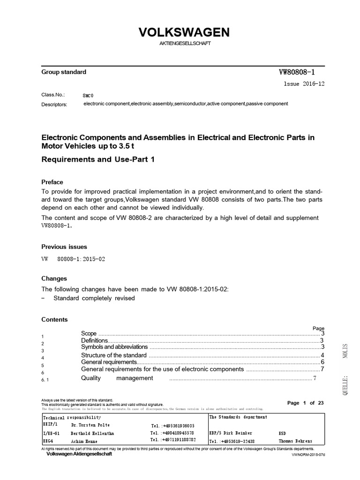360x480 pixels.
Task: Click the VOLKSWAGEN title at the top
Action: point(184,32)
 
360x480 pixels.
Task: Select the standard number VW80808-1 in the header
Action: point(297,72)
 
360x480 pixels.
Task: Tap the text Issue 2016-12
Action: point(303,84)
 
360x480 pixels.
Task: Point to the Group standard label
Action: point(64,72)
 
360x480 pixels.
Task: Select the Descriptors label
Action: point(54,104)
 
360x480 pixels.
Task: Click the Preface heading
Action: point(52,182)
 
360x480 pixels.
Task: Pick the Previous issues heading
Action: point(64,247)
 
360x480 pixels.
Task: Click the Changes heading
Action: point(54,278)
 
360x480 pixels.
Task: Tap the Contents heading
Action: point(54,320)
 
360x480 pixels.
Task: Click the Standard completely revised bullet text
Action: point(94,298)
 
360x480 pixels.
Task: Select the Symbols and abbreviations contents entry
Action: point(114,347)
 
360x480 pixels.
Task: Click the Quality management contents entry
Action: point(117,378)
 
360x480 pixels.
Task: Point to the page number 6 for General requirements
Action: point(322,362)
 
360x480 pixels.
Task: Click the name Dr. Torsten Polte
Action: point(90,425)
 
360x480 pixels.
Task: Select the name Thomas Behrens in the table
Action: point(295,441)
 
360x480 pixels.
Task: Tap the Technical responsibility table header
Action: point(72,417)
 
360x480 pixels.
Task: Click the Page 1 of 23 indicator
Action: point(305,403)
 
